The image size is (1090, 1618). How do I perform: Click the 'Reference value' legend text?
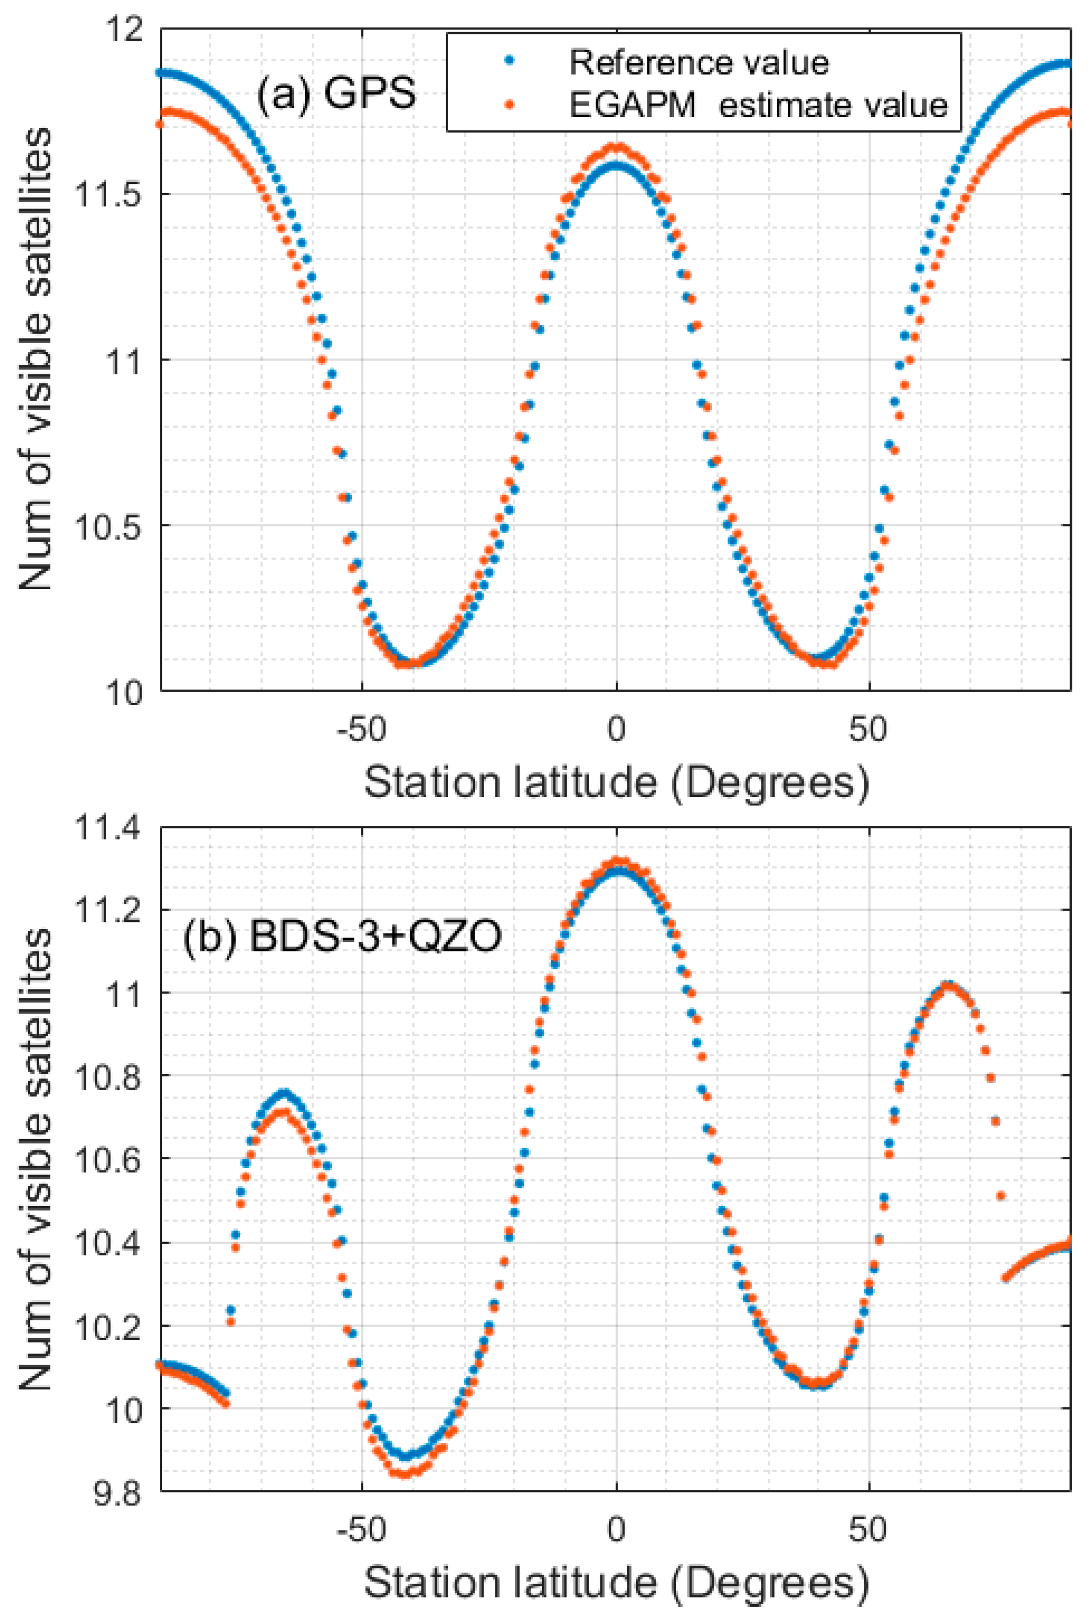(x=699, y=63)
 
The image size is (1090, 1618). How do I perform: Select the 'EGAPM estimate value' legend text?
(x=758, y=106)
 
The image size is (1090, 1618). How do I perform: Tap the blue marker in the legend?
(x=509, y=61)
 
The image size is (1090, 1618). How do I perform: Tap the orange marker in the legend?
(x=509, y=104)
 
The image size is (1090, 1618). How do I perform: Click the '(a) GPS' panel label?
(x=337, y=92)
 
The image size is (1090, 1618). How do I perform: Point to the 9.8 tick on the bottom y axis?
(x=117, y=1491)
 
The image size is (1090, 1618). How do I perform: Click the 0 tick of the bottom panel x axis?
(x=616, y=1530)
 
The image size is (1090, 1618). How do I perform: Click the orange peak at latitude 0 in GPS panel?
(x=616, y=147)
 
